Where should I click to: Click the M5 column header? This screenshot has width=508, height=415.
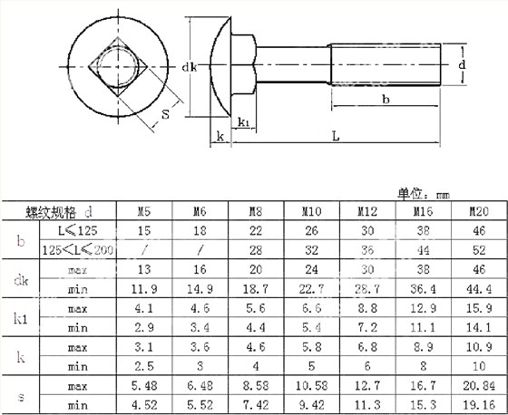point(144,212)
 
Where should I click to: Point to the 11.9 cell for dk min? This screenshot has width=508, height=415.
point(144,288)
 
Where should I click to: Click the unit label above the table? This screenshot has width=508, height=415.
point(423,193)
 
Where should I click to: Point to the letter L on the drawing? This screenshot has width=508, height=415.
point(336,137)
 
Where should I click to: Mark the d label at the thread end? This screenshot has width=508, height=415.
point(462,65)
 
